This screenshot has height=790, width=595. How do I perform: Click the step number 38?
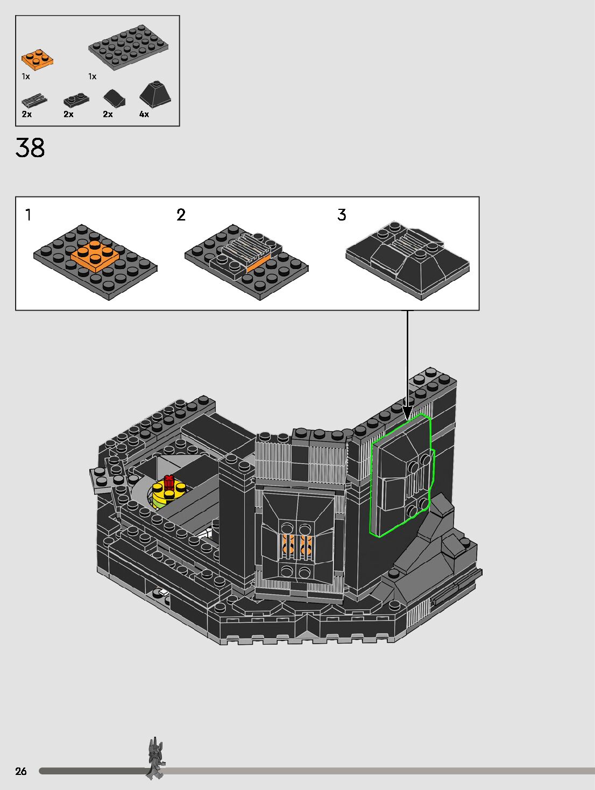coord(30,147)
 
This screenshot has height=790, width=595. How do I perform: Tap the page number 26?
coord(21,771)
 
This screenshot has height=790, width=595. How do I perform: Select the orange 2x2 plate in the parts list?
coord(37,59)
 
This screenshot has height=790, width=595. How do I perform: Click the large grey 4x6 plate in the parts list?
coord(129,47)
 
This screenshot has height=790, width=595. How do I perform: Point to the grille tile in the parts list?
coord(34,100)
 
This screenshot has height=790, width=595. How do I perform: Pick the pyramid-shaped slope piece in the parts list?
coord(155,94)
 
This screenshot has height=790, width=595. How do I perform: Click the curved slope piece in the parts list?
coord(115,98)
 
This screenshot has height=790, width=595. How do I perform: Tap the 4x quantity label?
coord(144,114)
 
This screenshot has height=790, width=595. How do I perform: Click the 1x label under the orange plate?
coord(25,76)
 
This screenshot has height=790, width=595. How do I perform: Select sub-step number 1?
coord(28,215)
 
